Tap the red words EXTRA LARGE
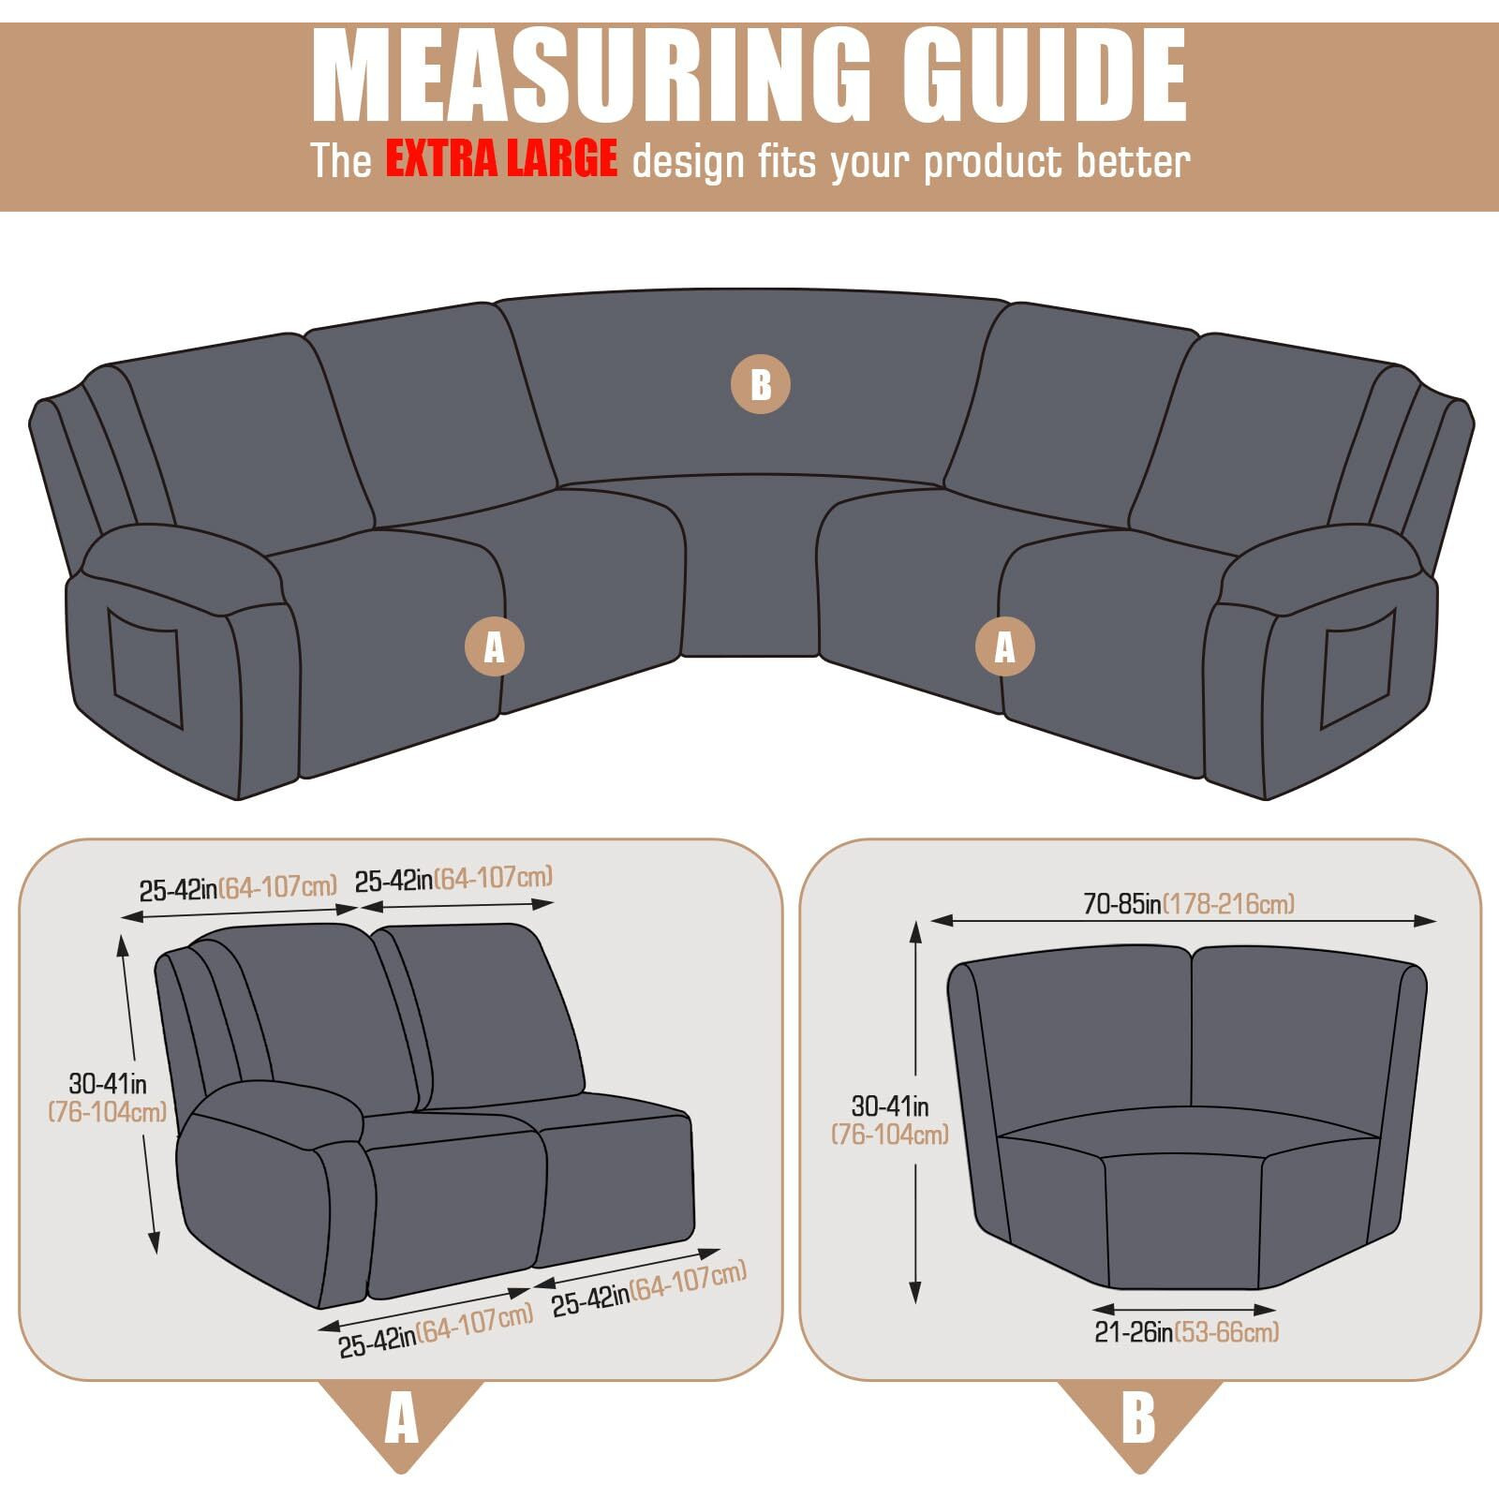[501, 158]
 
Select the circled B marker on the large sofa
[760, 384]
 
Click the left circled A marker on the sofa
[494, 646]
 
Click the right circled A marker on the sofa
[1004, 646]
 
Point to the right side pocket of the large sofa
[1358, 668]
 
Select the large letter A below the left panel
[401, 1419]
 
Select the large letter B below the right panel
[1138, 1419]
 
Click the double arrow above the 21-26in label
[1184, 1309]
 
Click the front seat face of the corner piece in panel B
[1182, 1223]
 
